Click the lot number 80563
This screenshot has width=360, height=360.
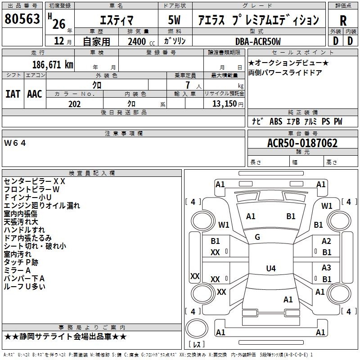click(22, 20)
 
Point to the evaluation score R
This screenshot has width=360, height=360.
click(343, 20)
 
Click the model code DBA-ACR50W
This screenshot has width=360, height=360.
click(258, 41)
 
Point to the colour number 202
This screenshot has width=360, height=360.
click(74, 104)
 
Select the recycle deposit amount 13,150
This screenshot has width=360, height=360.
click(224, 104)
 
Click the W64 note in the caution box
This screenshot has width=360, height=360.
click(15, 143)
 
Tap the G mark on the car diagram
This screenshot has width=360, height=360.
click(257, 237)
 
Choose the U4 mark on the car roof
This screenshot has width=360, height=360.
click(270, 269)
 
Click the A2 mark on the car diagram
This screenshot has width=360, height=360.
click(326, 242)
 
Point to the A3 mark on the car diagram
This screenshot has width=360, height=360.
click(326, 268)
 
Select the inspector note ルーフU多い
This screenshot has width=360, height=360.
click(24, 286)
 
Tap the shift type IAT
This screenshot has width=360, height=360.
click(13, 94)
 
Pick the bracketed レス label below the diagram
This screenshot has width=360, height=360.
click(197, 345)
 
